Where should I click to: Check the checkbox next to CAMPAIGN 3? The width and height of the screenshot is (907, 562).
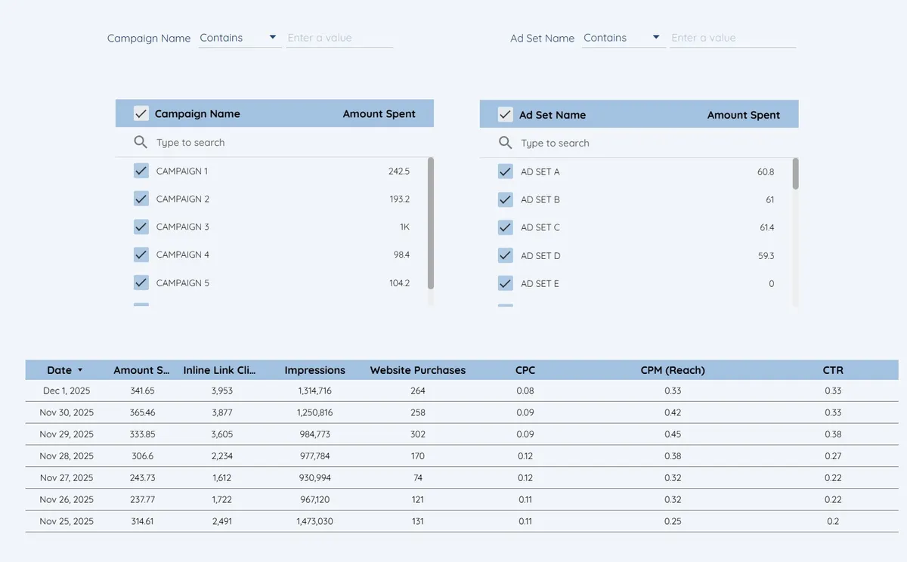[x=141, y=227]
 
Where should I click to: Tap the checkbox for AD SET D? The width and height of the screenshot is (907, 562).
[x=506, y=255]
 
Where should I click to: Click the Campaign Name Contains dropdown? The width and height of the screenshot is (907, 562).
[x=239, y=38]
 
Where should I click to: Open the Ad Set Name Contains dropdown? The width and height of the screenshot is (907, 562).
[x=622, y=38]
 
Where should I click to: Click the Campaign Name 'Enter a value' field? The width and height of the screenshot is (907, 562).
[x=339, y=38]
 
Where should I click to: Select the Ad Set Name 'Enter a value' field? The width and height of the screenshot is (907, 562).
[x=732, y=38]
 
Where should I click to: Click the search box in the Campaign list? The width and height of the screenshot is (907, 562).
[x=280, y=143]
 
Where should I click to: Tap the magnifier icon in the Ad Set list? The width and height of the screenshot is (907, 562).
[x=506, y=143]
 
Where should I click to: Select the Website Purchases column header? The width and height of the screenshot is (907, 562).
[x=417, y=370]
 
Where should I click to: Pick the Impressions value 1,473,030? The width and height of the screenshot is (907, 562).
[x=314, y=521]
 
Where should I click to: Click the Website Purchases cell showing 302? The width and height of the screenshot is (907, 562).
[x=417, y=434]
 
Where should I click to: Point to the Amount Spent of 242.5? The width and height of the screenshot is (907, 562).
[x=398, y=171]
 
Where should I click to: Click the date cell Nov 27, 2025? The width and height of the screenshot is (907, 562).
[x=67, y=477]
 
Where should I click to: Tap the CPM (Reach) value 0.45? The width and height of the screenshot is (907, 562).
[x=672, y=434]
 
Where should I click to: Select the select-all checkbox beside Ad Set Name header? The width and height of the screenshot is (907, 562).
[x=506, y=115]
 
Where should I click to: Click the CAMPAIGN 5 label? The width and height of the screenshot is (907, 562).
[x=182, y=283]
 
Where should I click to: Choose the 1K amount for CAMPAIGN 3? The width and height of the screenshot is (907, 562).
[x=404, y=227]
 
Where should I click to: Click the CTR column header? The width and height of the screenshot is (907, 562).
[x=833, y=370]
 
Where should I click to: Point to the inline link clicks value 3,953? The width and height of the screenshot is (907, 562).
[x=222, y=391]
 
